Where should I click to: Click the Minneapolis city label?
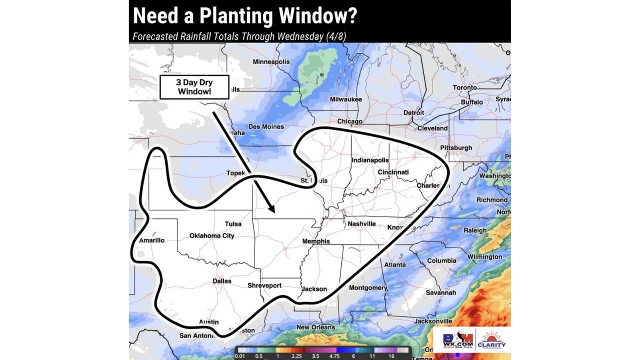pyautogui.click(x=271, y=62)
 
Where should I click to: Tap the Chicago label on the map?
pyautogui.click(x=349, y=121)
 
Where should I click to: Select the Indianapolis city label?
pyautogui.click(x=370, y=160)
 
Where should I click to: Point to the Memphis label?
pyautogui.click(x=316, y=241)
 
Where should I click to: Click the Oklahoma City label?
pyautogui.click(x=212, y=236)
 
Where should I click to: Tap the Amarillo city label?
pyautogui.click(x=151, y=240)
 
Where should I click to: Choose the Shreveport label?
pyautogui.click(x=264, y=286)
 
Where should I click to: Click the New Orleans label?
pyautogui.click(x=315, y=327)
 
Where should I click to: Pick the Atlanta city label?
pyautogui.click(x=394, y=264)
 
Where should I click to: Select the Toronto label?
pyautogui.click(x=464, y=87)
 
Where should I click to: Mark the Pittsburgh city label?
pyautogui.click(x=456, y=148)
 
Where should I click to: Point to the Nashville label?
pyautogui.click(x=361, y=224)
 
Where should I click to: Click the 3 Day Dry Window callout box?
pyautogui.click(x=194, y=87)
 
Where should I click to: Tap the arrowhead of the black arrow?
pyautogui.click(x=272, y=210)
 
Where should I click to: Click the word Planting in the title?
pyautogui.click(x=237, y=16)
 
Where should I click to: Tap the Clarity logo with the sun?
pyautogui.click(x=492, y=340)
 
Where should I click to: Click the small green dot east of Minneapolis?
pyautogui.click(x=322, y=75)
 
